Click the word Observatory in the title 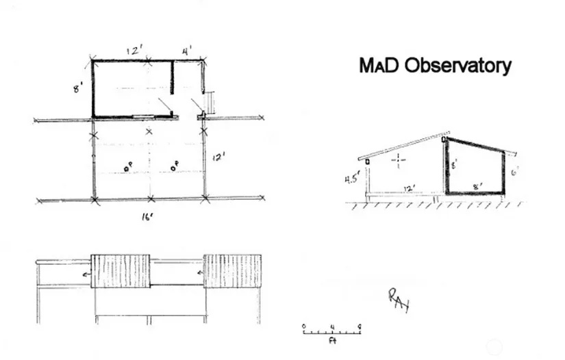[x=457, y=66]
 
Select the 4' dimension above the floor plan [x=187, y=51]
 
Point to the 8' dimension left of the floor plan [x=79, y=88]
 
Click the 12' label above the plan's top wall [x=134, y=50]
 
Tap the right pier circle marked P [x=174, y=165]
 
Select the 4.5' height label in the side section [x=353, y=181]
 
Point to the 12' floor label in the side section [x=410, y=188]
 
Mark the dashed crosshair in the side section [x=399, y=161]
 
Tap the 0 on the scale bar [x=304, y=325]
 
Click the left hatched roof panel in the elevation [x=121, y=271]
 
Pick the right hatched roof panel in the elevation [x=233, y=271]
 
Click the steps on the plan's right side [x=212, y=103]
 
